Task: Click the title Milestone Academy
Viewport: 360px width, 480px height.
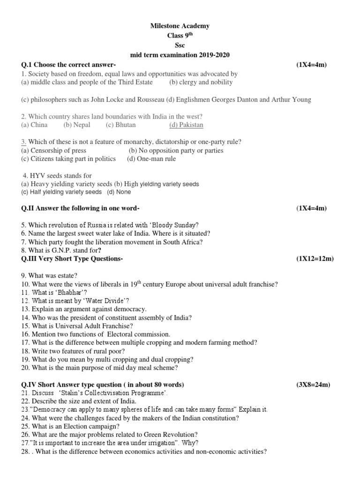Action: [x=180, y=26]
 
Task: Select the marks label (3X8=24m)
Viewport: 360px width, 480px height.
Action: [x=313, y=385]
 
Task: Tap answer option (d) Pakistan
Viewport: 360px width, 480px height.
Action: [x=186, y=125]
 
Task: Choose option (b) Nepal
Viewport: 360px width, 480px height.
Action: [x=77, y=125]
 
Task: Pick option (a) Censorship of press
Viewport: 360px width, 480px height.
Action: [x=54, y=150]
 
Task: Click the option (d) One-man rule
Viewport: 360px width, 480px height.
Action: [x=151, y=159]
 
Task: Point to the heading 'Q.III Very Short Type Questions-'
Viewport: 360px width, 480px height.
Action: [x=73, y=259]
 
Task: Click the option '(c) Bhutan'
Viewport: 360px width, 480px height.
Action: [x=120, y=125]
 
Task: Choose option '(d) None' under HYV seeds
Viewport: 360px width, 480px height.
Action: [x=119, y=192]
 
